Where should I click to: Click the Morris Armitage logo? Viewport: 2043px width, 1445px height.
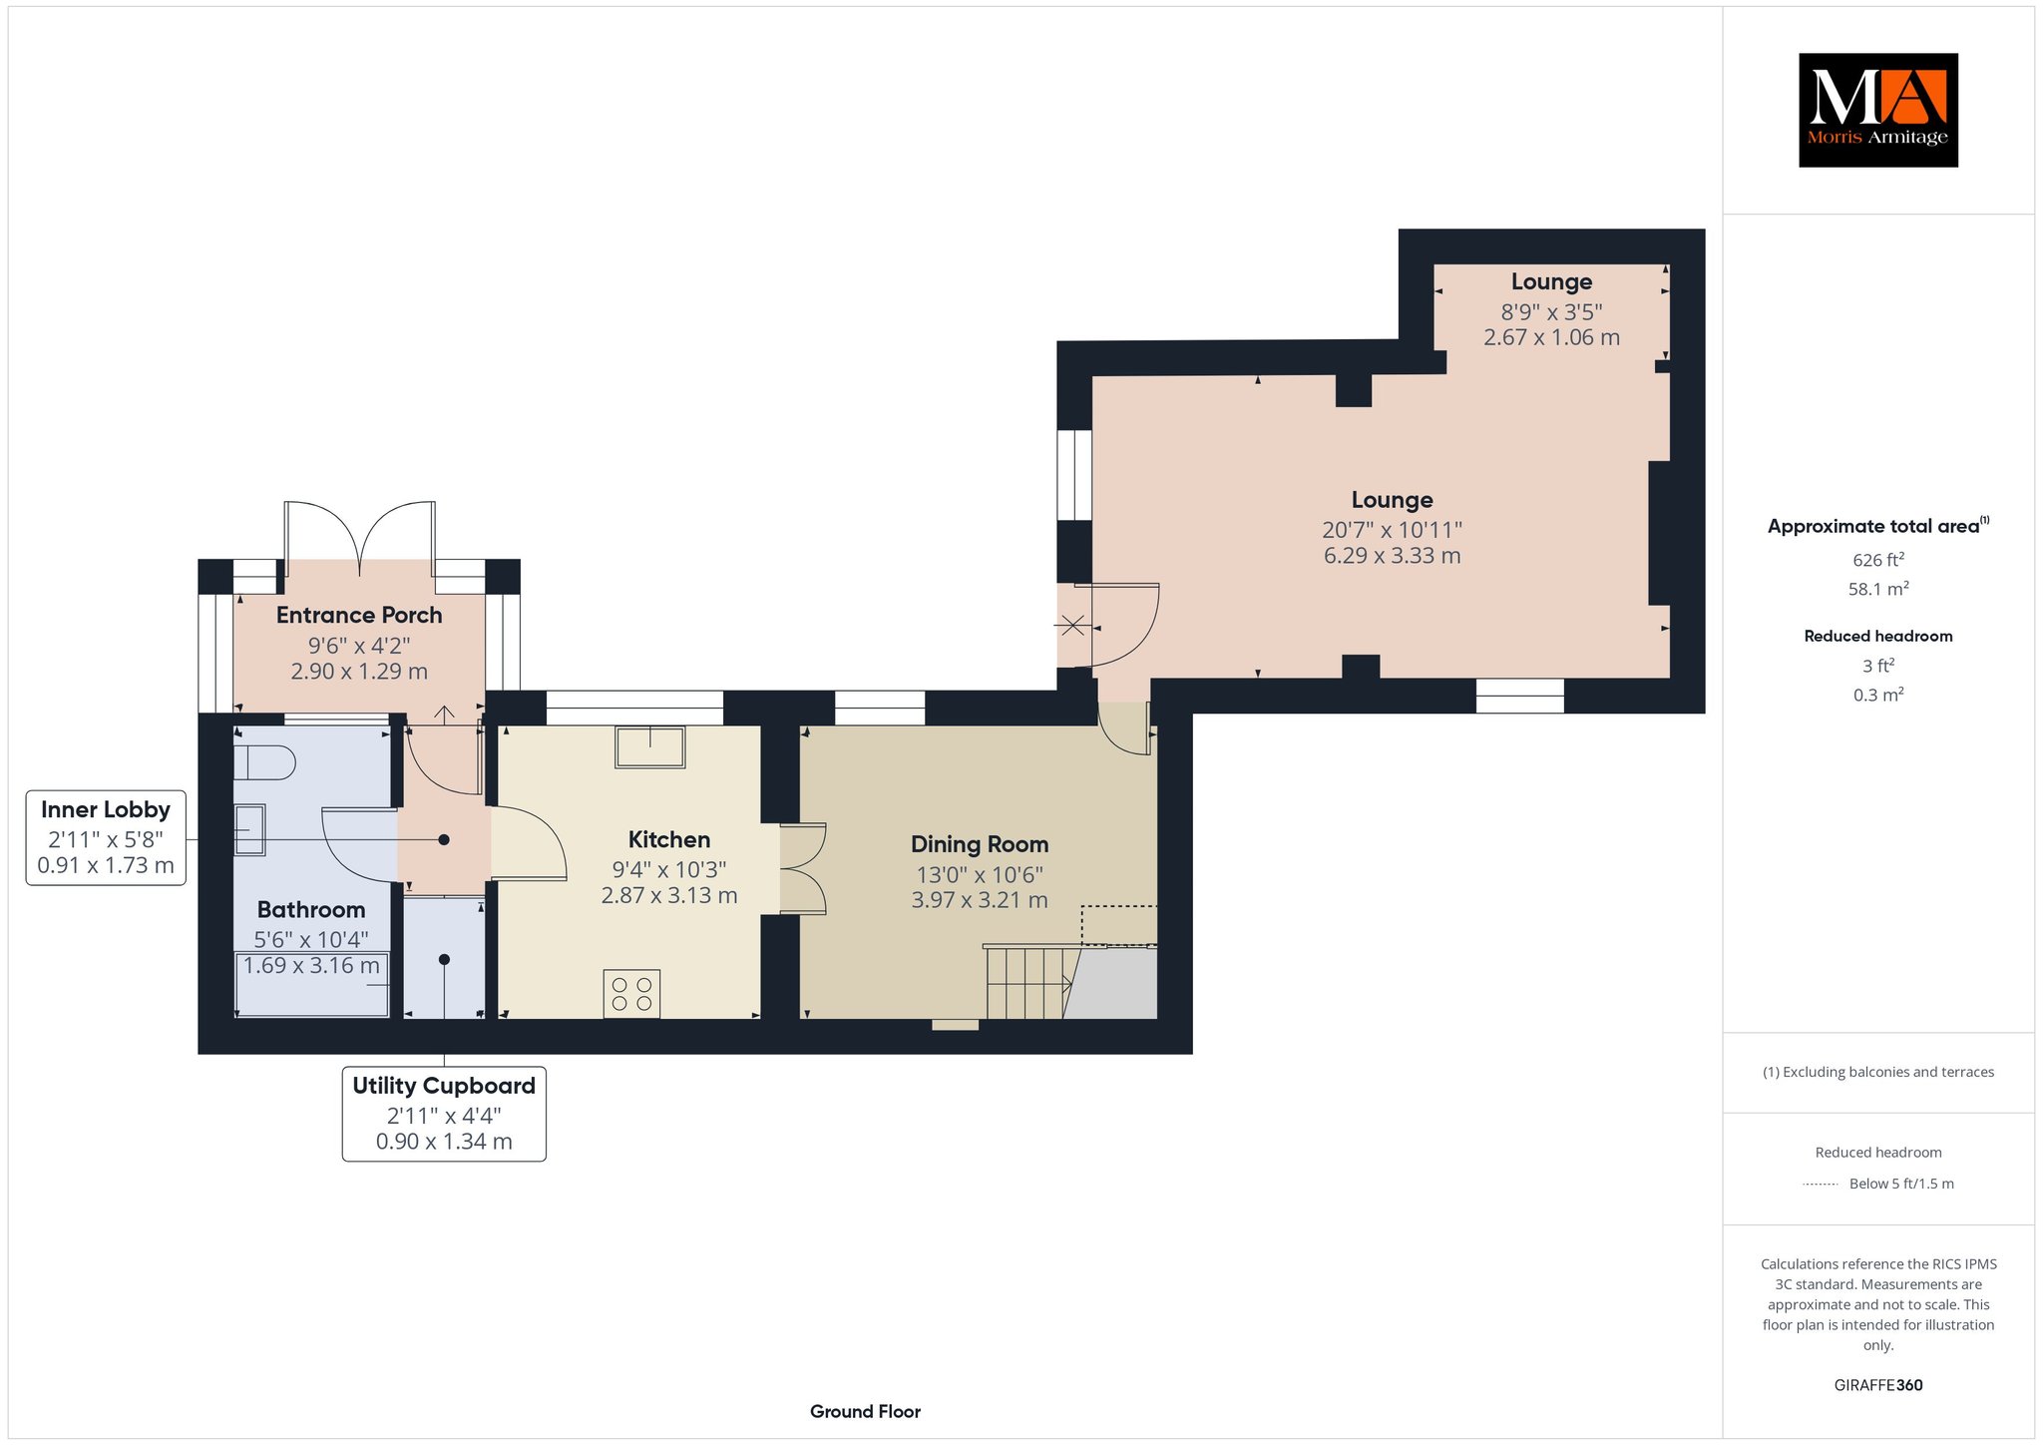(x=1877, y=110)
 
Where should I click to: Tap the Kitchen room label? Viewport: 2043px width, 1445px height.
(x=669, y=839)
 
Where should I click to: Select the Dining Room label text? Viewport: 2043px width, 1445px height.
(x=980, y=844)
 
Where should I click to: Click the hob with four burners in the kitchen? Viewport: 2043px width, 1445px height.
(x=631, y=994)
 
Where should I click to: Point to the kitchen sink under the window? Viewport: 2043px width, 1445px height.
(x=650, y=746)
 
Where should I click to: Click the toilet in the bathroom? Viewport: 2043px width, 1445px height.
(x=264, y=764)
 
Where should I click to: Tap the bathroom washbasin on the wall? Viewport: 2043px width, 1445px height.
(x=249, y=830)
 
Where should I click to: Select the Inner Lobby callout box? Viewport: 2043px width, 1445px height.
(x=106, y=837)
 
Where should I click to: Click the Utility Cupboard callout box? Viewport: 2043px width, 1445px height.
(x=444, y=1114)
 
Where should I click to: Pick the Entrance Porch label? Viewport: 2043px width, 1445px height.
(x=359, y=615)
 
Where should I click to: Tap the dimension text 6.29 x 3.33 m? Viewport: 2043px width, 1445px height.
(x=1393, y=556)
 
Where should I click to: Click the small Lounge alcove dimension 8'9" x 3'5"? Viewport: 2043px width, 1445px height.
(x=1551, y=310)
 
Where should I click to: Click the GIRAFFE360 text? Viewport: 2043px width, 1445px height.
(x=1878, y=1385)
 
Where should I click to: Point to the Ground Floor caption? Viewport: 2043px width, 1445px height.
(x=865, y=1411)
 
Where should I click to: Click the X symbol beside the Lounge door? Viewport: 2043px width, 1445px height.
(x=1072, y=627)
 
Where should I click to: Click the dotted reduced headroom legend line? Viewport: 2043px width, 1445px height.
(x=1821, y=1185)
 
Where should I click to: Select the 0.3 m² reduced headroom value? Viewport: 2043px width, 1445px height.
(x=1878, y=694)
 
